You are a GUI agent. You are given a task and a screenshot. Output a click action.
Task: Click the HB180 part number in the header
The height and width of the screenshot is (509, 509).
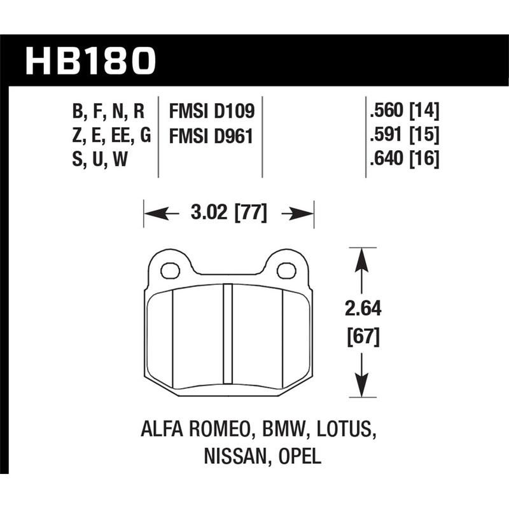(90, 60)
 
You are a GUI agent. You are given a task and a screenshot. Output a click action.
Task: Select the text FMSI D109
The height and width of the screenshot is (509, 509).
(211, 112)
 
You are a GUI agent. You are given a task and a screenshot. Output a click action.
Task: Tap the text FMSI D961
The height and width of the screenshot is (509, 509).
(211, 136)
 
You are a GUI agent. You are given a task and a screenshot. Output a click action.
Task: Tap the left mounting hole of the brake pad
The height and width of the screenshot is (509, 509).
(170, 270)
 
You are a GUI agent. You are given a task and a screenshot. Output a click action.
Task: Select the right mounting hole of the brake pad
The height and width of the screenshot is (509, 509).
(287, 270)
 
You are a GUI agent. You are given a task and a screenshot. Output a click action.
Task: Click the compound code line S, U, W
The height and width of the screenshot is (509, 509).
(101, 159)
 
